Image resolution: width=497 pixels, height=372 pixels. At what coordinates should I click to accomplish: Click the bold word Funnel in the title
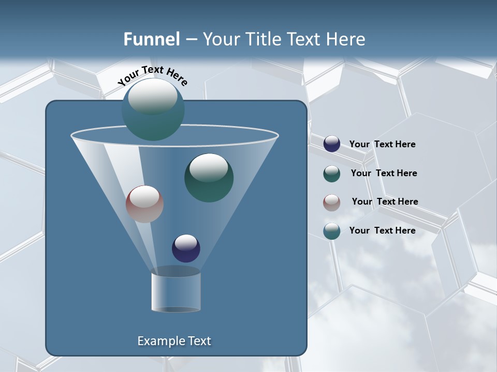click(152, 39)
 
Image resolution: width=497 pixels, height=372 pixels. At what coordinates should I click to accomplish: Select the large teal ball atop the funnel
click(153, 110)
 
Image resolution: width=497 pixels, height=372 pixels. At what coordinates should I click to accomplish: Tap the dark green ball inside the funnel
click(209, 178)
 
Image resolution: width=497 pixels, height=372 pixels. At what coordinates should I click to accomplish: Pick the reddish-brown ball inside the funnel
click(144, 204)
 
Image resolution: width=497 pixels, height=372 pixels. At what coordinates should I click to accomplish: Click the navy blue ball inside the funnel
click(186, 249)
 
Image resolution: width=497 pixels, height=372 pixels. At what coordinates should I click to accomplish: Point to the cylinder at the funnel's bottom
click(176, 292)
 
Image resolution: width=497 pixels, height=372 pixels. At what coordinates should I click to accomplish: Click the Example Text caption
click(174, 341)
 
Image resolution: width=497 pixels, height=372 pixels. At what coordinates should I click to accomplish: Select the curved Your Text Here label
click(152, 75)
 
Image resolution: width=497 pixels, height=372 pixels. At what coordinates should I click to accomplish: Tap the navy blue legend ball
click(332, 144)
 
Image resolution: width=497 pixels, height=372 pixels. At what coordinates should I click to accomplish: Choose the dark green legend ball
click(332, 174)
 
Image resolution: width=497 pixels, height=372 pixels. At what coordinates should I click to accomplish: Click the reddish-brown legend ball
click(332, 202)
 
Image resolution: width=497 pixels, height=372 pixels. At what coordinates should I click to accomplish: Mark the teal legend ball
click(332, 231)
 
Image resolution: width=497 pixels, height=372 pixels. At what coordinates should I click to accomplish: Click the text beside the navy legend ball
click(382, 145)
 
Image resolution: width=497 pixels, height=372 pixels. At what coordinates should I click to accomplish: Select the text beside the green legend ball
click(384, 173)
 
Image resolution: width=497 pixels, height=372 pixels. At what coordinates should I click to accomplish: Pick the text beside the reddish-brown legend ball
click(385, 202)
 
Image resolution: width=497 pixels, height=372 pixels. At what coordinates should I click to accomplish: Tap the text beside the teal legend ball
click(382, 230)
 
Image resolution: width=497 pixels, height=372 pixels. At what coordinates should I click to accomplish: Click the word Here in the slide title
click(345, 39)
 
